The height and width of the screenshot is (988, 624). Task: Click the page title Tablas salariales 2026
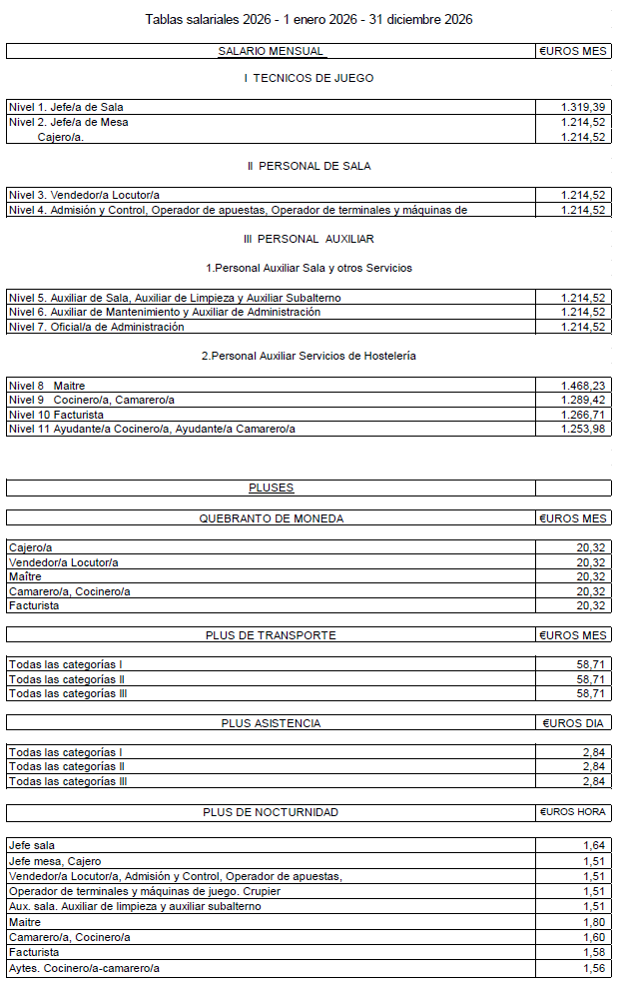click(x=309, y=19)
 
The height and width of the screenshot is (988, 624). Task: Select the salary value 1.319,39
click(x=584, y=107)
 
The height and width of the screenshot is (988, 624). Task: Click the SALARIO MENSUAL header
click(x=271, y=51)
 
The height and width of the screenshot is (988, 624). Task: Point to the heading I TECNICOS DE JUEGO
click(x=309, y=78)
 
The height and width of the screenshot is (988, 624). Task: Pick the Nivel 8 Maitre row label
click(x=47, y=385)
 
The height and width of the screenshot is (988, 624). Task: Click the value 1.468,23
click(x=584, y=385)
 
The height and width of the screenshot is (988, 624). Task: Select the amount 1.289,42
click(x=584, y=400)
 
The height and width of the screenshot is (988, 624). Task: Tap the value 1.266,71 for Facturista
click(x=584, y=414)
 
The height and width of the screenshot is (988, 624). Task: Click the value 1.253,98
click(x=584, y=429)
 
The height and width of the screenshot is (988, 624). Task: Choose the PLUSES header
click(x=271, y=489)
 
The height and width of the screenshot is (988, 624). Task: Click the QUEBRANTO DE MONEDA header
click(x=271, y=518)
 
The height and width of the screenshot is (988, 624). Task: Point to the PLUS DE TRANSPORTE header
click(x=271, y=635)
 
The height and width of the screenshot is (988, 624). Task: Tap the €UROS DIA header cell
click(x=574, y=723)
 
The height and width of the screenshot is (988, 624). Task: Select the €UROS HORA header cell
click(x=574, y=812)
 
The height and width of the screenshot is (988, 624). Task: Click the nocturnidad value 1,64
click(x=593, y=845)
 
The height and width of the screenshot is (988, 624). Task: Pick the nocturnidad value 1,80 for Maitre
click(x=593, y=922)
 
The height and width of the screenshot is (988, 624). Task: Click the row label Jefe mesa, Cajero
click(x=55, y=861)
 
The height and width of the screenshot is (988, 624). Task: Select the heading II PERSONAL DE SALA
click(x=309, y=166)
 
